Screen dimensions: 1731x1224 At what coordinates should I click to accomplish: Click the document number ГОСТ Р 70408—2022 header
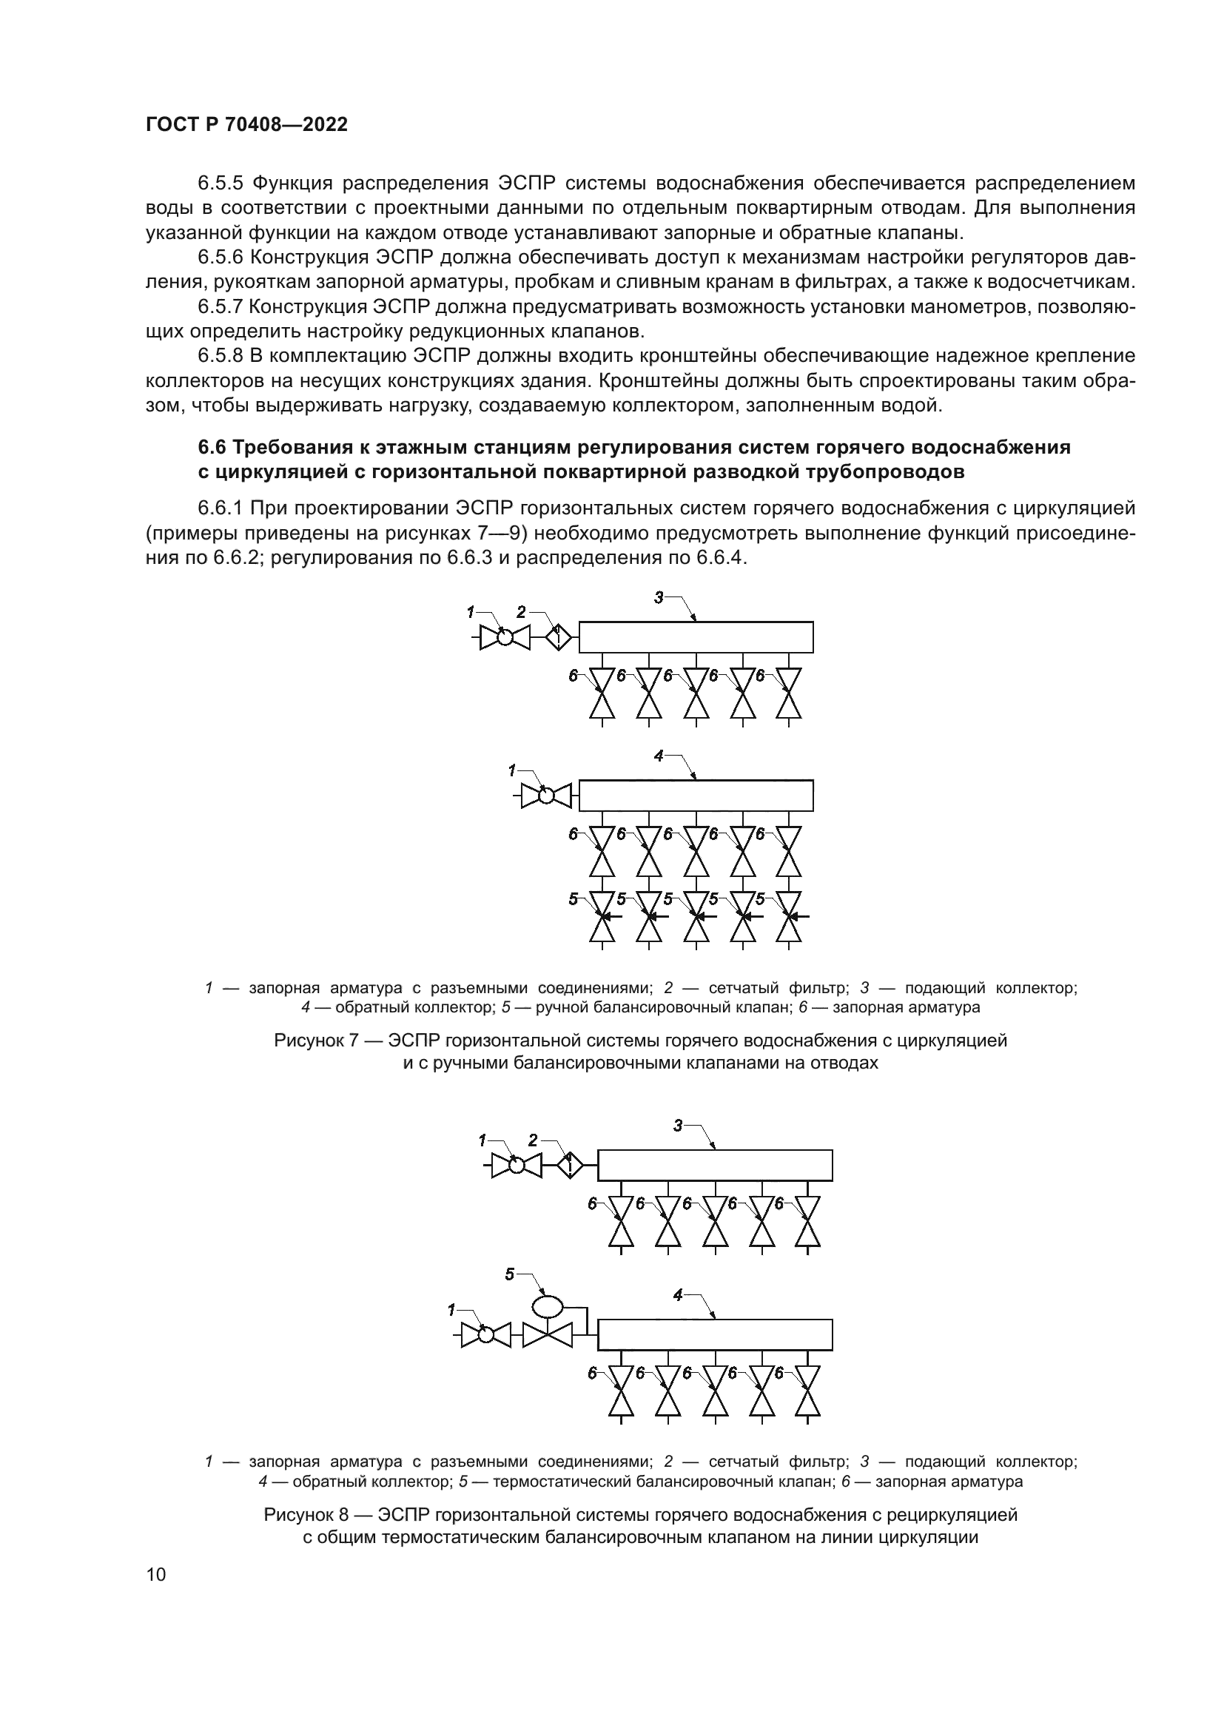pyautogui.click(x=246, y=125)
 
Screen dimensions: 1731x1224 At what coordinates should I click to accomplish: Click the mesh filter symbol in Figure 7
pyautogui.click(x=557, y=638)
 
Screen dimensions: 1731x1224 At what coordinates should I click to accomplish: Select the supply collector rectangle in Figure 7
pyautogui.click(x=696, y=637)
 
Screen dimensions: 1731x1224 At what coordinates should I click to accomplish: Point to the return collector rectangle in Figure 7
pyautogui.click(x=696, y=796)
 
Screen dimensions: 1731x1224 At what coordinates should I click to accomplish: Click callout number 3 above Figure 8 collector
pyautogui.click(x=678, y=1146)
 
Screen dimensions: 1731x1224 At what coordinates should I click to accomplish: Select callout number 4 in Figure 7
pyautogui.click(x=659, y=756)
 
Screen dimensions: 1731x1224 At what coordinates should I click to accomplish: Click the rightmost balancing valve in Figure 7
pyautogui.click(x=789, y=917)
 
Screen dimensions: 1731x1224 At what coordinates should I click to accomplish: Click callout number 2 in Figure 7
pyautogui.click(x=521, y=611)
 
